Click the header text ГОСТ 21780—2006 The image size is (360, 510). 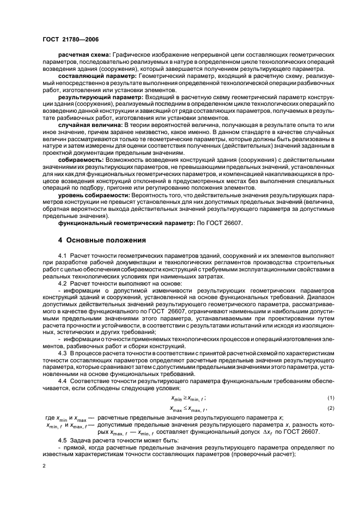(71, 39)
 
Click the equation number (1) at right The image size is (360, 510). (331, 399)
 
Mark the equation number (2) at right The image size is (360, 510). (331, 408)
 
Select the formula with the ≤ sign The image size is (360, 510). (189, 408)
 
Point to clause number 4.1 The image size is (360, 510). (62, 256)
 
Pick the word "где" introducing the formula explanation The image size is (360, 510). (48, 417)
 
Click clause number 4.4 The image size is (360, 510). (62, 382)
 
